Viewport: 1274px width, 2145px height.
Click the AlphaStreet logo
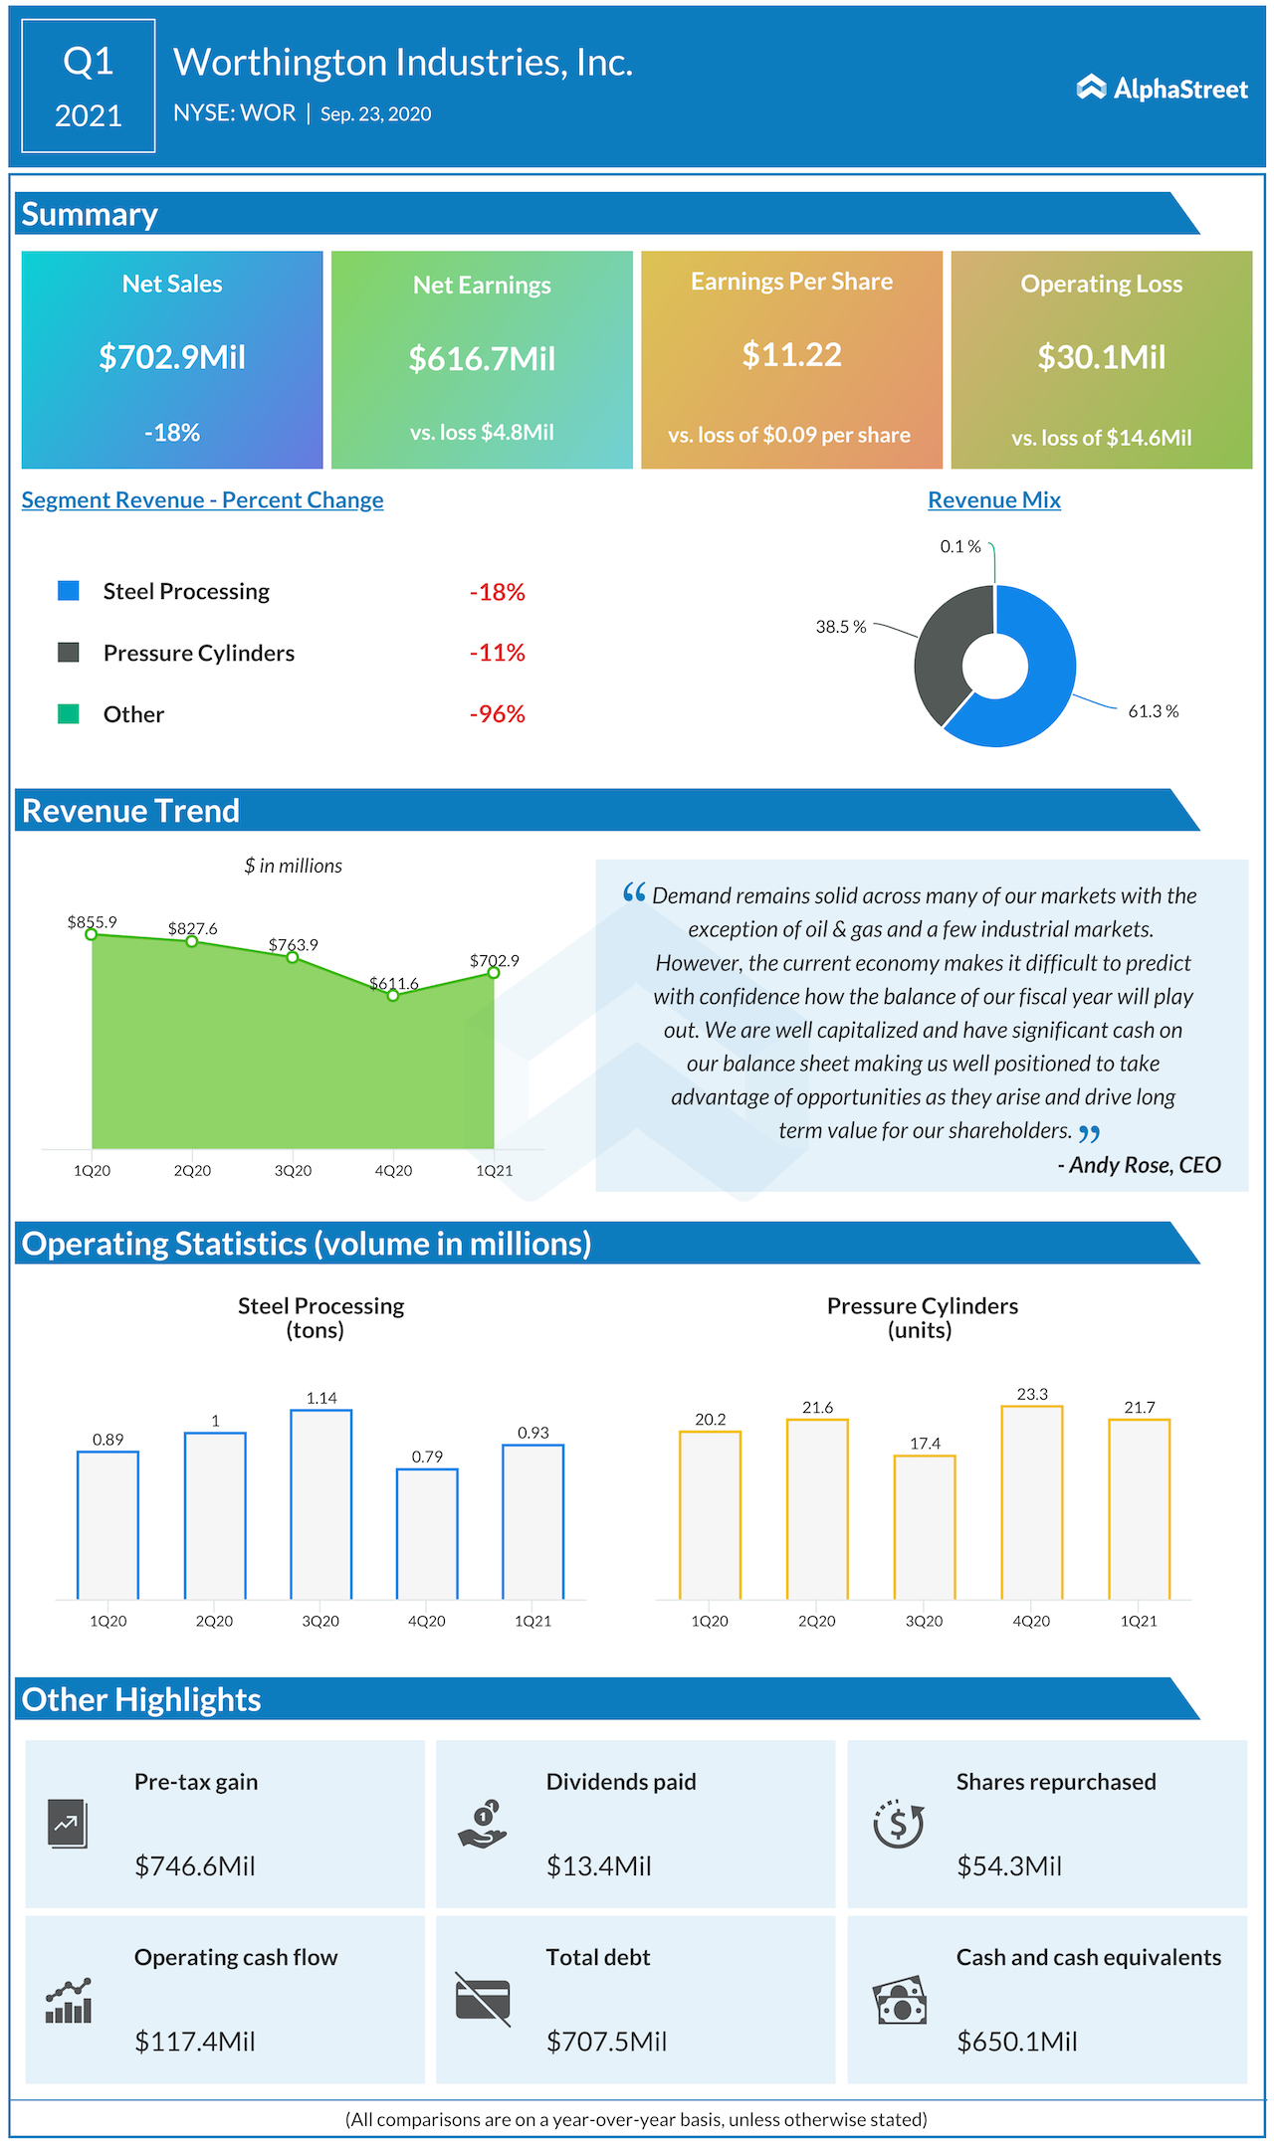click(1162, 89)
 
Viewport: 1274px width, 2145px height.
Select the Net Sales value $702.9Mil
click(172, 357)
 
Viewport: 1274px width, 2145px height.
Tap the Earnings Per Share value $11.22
click(791, 355)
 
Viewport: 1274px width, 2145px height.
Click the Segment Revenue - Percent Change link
click(202, 500)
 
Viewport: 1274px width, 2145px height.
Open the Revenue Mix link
click(993, 500)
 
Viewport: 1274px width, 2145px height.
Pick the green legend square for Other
click(69, 714)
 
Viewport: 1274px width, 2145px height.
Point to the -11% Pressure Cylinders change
click(497, 653)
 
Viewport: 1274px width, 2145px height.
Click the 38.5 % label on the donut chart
click(841, 627)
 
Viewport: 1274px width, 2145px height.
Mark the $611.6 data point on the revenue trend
click(393, 995)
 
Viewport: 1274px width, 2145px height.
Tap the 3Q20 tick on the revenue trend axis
click(293, 1171)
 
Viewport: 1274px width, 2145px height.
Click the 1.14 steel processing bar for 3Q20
click(321, 1502)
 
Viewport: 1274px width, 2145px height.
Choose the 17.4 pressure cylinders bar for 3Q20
click(925, 1527)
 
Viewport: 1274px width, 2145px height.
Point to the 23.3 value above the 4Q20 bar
click(1032, 1395)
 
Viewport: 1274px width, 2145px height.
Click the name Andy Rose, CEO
click(1145, 1165)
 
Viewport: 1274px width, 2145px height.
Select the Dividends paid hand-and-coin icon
click(483, 1825)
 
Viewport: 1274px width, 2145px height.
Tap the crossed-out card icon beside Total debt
click(483, 1999)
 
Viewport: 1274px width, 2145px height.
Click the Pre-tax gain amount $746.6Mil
click(195, 1866)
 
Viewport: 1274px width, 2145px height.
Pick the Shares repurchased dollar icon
click(898, 1825)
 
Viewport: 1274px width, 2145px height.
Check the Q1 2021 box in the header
click(89, 87)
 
